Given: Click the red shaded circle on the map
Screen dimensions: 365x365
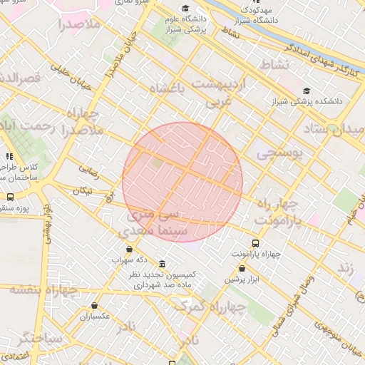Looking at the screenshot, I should [182, 182].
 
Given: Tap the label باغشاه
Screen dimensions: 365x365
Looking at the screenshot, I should [168, 89].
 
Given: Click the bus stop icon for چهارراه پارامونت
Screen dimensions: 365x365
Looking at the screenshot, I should [255, 243].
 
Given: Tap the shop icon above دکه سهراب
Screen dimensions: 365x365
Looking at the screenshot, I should [129, 249].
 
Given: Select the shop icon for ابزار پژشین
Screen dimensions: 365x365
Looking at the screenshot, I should [242, 269].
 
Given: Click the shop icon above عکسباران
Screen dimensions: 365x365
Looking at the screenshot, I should [94, 305].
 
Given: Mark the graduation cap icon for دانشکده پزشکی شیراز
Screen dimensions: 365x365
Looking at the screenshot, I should [307, 91].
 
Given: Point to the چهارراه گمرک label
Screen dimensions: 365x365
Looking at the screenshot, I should [210, 307].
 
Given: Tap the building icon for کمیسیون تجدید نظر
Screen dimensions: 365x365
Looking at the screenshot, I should [163, 264].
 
